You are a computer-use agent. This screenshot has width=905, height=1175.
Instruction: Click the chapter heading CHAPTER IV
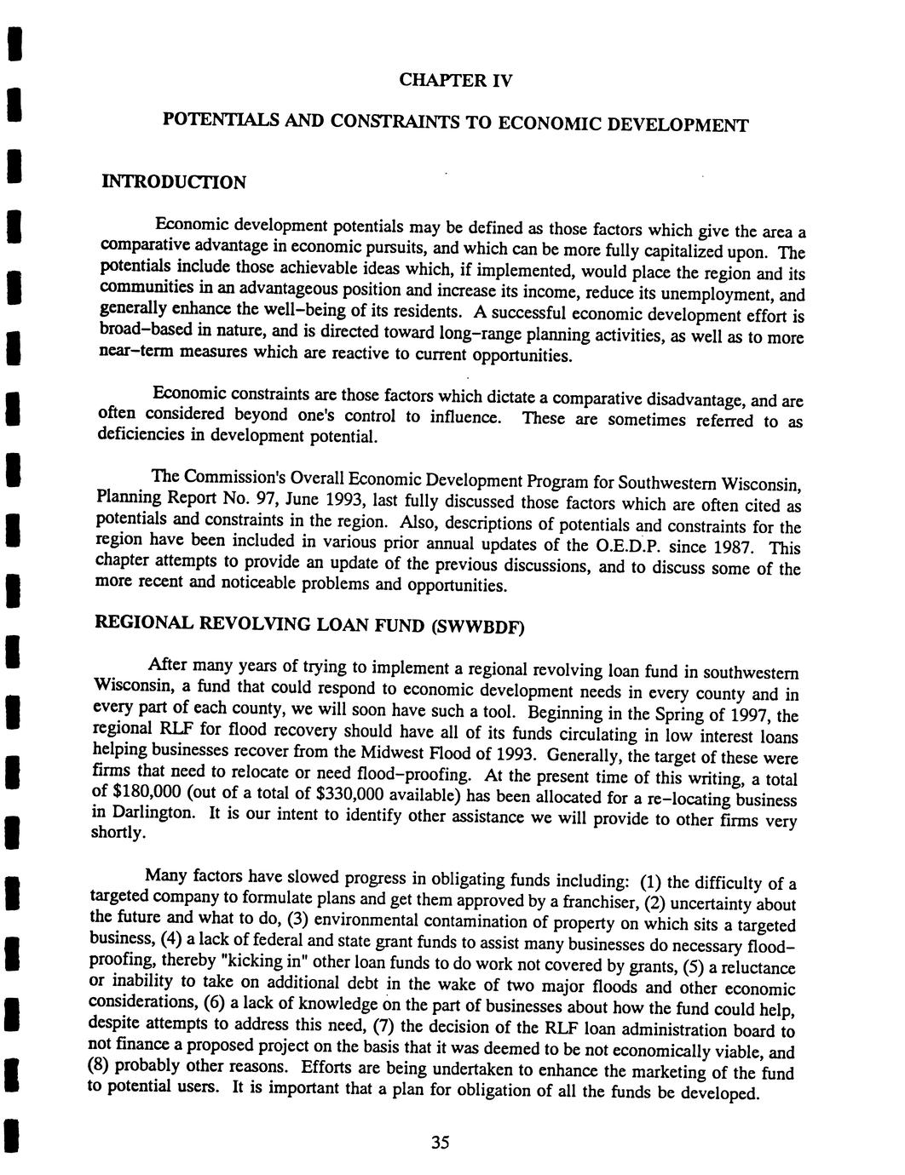455,81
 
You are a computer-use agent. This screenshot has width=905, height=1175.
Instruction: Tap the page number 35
439,1143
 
